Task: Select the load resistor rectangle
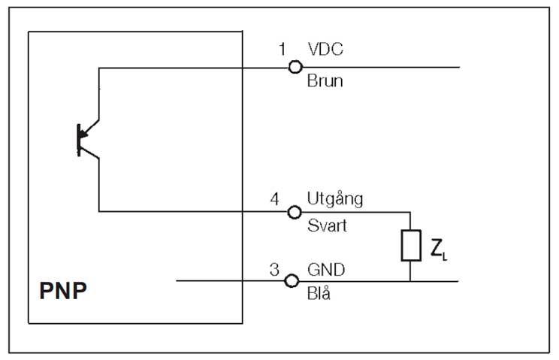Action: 410,246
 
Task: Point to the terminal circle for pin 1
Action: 295,68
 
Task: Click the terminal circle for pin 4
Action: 295,212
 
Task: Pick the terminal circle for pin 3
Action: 295,282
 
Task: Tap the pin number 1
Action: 283,50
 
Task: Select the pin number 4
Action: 275,200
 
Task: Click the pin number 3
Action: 275,269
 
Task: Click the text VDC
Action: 326,50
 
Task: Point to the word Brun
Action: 325,81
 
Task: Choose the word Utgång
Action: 335,200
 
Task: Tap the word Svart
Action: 328,225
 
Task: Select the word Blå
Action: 319,294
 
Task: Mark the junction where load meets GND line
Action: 410,282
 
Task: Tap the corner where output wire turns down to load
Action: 410,212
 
